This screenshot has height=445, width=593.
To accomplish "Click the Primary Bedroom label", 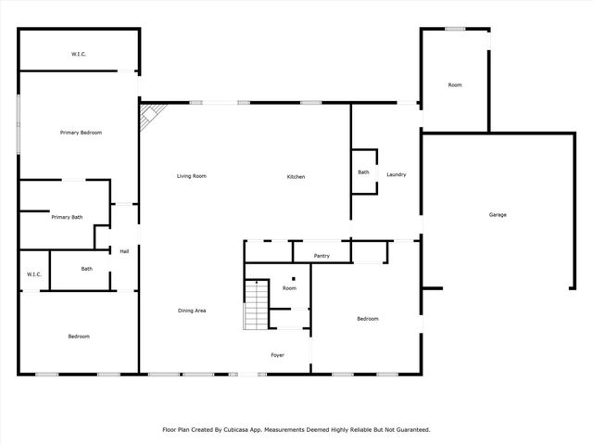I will (x=81, y=133).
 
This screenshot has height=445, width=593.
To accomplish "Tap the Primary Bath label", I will (x=67, y=217).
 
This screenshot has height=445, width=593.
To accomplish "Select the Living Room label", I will (x=192, y=176).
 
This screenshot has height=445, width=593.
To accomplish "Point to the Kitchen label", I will (x=296, y=176).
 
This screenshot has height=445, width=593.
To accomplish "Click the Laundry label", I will (x=397, y=174).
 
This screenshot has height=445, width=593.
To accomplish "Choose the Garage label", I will (x=498, y=214).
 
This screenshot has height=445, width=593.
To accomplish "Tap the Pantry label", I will (x=322, y=255).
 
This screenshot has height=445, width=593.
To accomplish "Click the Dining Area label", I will (x=192, y=310).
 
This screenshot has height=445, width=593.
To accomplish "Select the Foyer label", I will (x=277, y=355).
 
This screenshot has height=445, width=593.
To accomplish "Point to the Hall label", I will (x=123, y=250).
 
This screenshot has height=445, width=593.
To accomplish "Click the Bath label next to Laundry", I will (x=363, y=172).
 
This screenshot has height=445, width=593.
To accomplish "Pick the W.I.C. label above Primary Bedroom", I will (x=79, y=55).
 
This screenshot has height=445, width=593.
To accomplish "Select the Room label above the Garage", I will (x=454, y=85).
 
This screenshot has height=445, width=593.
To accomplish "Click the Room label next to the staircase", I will (x=289, y=288).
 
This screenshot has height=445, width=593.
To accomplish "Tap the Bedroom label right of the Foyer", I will (x=368, y=319).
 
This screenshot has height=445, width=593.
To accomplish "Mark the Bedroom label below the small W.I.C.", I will (x=79, y=336).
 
